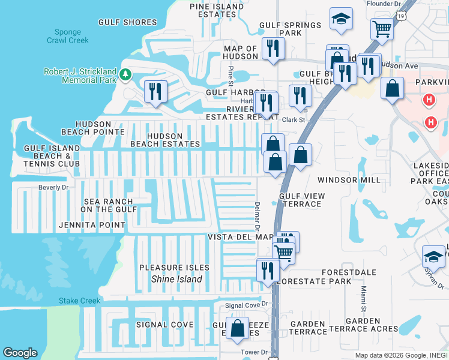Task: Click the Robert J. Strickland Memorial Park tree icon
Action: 125,74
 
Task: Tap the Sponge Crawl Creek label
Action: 68,36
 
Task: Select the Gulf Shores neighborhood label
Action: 127,23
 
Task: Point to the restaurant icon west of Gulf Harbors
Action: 155,91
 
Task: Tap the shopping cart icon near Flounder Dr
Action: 382,28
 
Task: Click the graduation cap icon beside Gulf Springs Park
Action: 341,19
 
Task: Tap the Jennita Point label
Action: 92,226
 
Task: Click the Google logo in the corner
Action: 20,352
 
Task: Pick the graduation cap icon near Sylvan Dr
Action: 433,257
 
